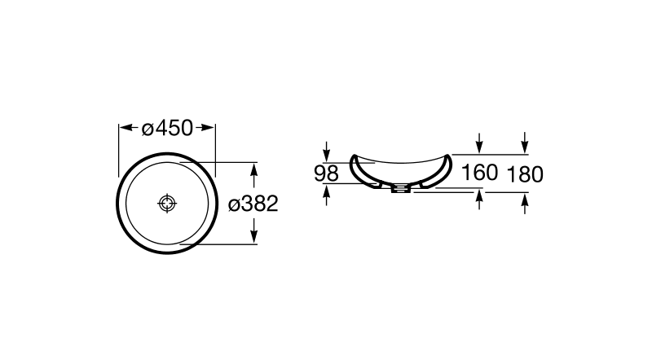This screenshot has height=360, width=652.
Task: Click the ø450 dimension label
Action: [167, 128]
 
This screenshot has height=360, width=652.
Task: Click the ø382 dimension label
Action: [253, 204]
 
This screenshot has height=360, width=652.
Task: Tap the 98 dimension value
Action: [326, 173]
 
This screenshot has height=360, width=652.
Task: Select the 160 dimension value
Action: [479, 173]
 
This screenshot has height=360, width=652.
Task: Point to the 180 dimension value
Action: [525, 174]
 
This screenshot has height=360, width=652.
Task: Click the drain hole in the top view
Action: [167, 204]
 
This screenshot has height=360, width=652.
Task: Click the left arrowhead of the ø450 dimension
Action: [126, 128]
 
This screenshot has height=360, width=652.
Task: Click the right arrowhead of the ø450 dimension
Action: [208, 128]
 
